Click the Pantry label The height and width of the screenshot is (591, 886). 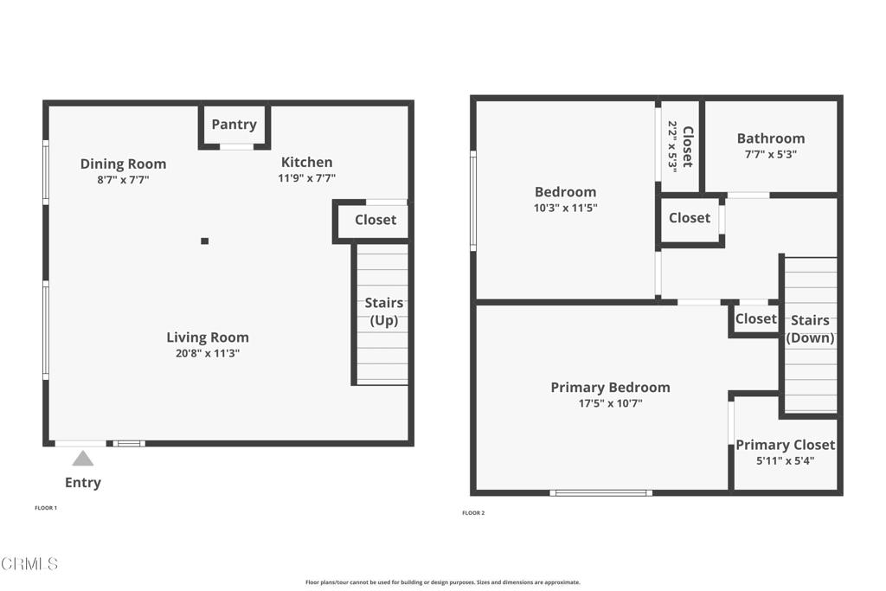click(234, 125)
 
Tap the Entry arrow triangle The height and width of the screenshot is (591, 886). click(82, 459)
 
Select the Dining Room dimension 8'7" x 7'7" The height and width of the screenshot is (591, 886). click(123, 180)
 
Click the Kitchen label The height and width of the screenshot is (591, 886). click(306, 162)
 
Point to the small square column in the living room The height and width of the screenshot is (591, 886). click(204, 241)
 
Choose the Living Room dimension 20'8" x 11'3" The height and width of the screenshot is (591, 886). click(208, 353)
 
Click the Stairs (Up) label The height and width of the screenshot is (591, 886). click(383, 312)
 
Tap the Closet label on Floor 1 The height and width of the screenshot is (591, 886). click(376, 220)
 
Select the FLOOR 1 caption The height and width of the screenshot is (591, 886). click(46, 508)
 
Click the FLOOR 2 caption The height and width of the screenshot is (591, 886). click(473, 513)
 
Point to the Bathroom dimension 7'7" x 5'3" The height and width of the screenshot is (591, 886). click(770, 155)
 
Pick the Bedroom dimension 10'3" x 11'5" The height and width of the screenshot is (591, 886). click(565, 208)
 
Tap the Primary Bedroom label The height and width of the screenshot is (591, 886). click(610, 387)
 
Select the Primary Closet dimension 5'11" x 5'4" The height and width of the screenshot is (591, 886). click(785, 461)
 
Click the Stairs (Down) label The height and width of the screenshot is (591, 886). click(810, 329)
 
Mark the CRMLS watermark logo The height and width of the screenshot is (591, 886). click(29, 564)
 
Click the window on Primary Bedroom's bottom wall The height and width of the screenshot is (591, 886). click(601, 493)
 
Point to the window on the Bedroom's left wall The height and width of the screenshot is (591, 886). click(473, 201)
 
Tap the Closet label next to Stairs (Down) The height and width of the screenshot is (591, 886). click(755, 318)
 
